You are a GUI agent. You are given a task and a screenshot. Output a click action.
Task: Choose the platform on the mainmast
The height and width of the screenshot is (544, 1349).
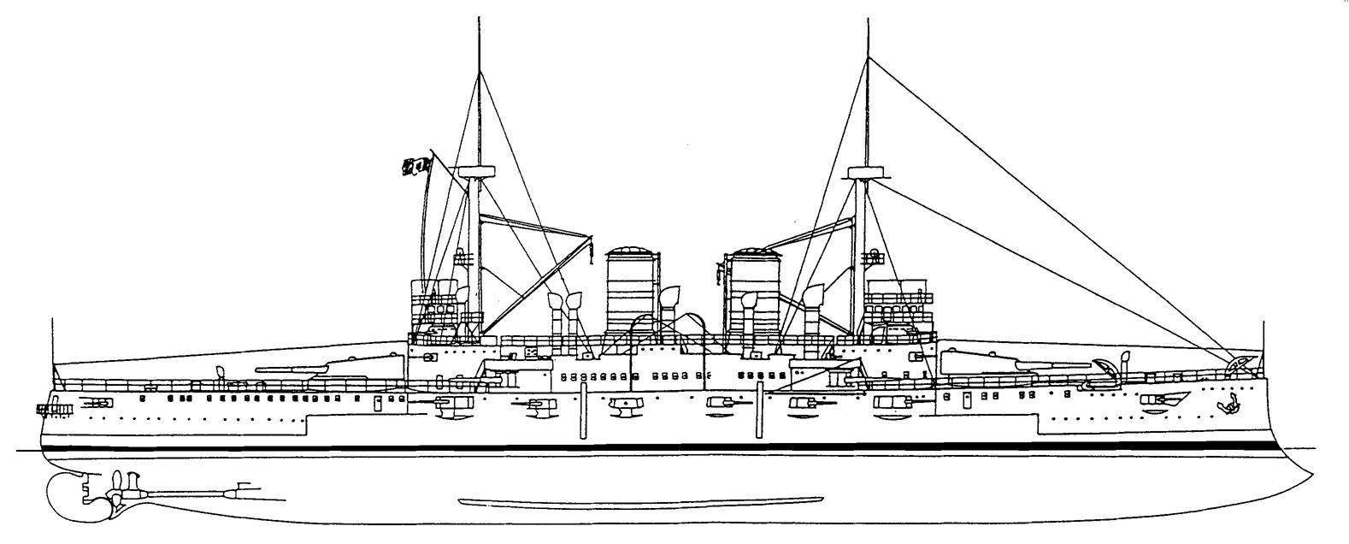click(477, 171)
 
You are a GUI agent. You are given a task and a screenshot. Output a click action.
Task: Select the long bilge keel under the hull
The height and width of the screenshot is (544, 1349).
click(641, 501)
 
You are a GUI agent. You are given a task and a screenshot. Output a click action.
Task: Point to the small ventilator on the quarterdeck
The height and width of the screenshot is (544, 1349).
click(221, 371)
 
